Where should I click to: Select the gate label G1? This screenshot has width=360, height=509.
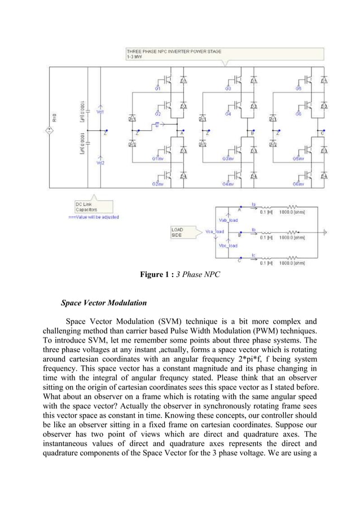(157, 89)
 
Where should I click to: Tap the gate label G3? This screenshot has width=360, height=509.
(228, 89)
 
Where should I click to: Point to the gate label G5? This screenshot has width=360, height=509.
(298, 89)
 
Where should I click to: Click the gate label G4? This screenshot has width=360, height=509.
(228, 115)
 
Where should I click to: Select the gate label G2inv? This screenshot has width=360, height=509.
(157, 184)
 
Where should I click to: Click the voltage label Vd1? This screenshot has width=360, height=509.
(100, 112)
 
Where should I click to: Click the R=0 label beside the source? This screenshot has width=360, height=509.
(55, 117)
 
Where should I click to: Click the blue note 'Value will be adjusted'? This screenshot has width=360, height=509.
(94, 217)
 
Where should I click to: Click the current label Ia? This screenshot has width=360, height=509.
(254, 204)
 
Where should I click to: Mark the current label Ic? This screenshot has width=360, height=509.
(254, 254)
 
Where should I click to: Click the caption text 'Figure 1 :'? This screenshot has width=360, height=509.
(157, 275)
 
